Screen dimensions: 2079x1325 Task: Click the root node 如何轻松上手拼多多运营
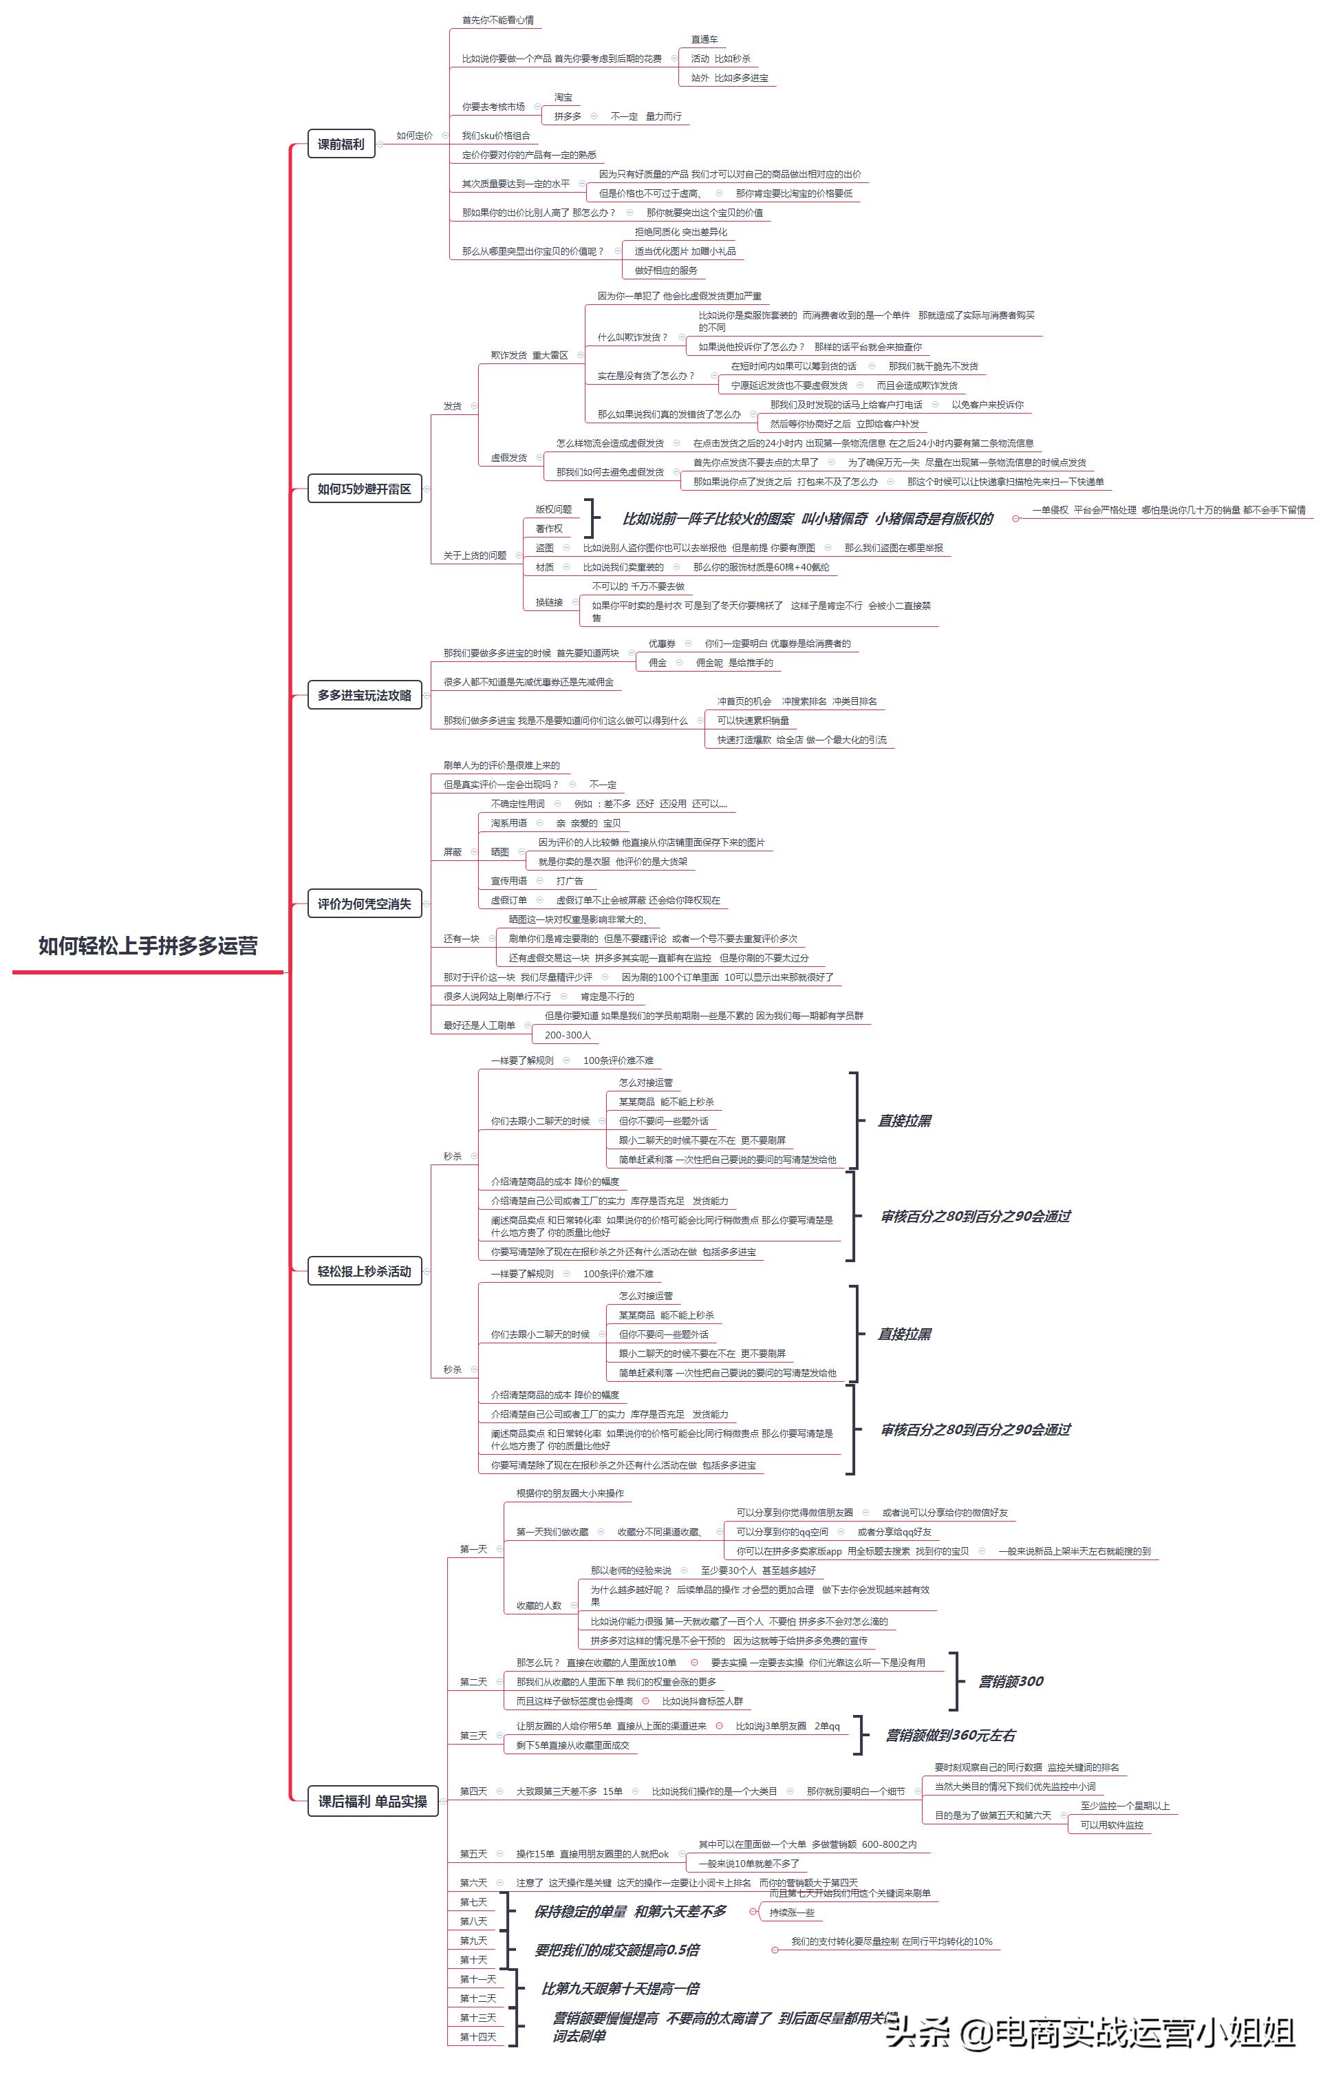pyautogui.click(x=148, y=946)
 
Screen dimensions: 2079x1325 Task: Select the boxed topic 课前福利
pyautogui.click(x=341, y=145)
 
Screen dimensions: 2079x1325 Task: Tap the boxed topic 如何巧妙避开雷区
pyautogui.click(x=364, y=489)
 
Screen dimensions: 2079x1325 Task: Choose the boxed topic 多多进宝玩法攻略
pyautogui.click(x=364, y=695)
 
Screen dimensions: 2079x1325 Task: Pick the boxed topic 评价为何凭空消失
pyautogui.click(x=364, y=904)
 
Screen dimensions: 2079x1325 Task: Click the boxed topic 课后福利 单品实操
pyautogui.click(x=372, y=1801)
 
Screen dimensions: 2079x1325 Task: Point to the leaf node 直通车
pyautogui.click(x=704, y=40)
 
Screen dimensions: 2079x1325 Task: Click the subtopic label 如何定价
pyautogui.click(x=414, y=136)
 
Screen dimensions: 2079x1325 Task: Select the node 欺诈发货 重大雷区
pyautogui.click(x=529, y=355)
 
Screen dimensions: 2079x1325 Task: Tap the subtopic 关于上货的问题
pyautogui.click(x=475, y=555)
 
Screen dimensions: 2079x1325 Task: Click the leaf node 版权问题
pyautogui.click(x=553, y=509)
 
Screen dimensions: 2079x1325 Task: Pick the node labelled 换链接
pyautogui.click(x=549, y=601)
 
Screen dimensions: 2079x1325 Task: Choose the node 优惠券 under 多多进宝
pyautogui.click(x=662, y=643)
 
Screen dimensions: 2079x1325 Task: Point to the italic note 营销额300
pyautogui.click(x=1010, y=1681)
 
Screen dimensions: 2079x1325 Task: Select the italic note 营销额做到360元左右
pyautogui.click(x=950, y=1736)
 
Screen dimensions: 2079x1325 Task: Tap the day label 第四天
pyautogui.click(x=473, y=1791)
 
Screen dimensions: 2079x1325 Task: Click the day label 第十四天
pyautogui.click(x=478, y=2037)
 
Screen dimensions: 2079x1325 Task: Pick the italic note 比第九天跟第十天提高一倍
pyautogui.click(x=621, y=1988)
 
